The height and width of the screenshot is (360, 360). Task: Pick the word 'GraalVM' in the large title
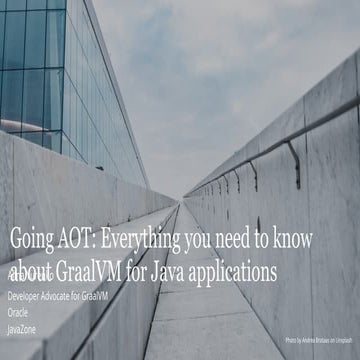99,270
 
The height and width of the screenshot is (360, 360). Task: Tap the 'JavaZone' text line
24,327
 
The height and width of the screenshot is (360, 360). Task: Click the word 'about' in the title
34,270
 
